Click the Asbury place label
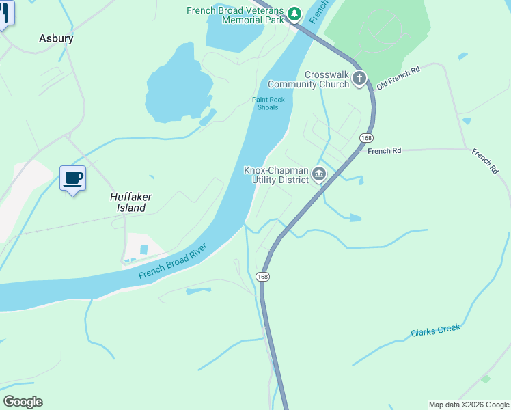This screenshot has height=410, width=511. pos(56,39)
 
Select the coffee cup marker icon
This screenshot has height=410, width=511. pos(72,178)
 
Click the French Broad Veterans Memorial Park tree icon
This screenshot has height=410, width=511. pos(294,14)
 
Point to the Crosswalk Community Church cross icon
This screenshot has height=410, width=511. pos(359,79)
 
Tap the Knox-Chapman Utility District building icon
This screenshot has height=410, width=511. pos(318,175)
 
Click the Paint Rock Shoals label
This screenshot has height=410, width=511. pos(268,104)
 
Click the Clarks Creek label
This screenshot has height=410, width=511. pos(435,331)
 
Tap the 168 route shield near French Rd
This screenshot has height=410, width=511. pos(368,137)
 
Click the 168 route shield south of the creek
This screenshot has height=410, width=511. pos(262,276)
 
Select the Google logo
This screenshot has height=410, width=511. pos(23,402)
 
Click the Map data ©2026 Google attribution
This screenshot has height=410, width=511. pos(468,405)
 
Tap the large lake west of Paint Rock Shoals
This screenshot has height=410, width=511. pos(176,85)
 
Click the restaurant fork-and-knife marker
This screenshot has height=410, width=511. pos(5,14)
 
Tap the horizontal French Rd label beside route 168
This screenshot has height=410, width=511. pos(383,151)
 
